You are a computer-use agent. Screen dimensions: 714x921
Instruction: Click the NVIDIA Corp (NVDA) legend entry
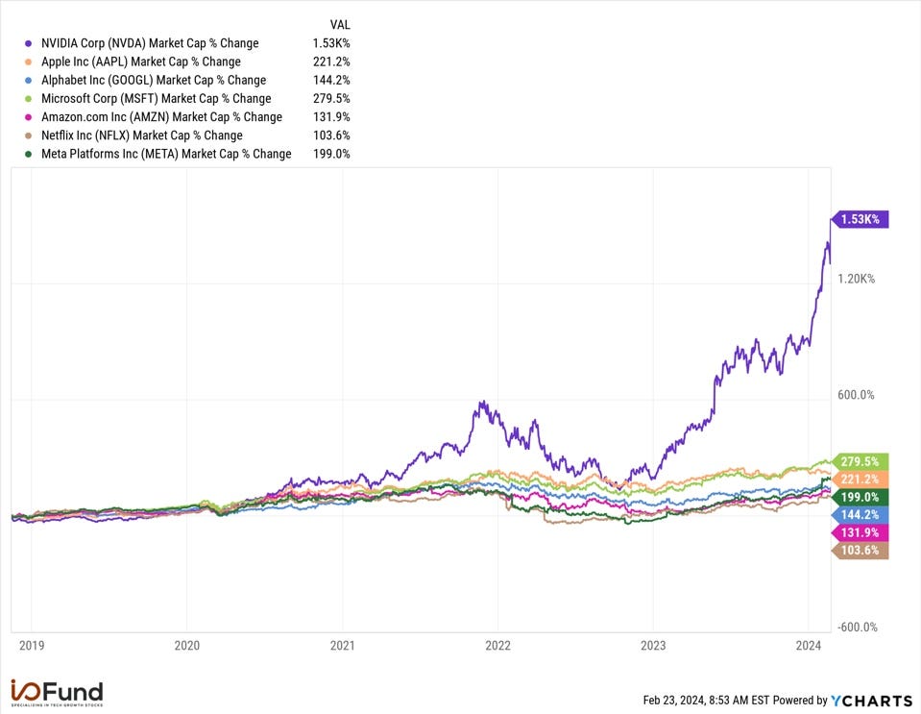pos(150,43)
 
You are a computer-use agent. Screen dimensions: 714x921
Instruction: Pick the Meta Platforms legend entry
pos(166,154)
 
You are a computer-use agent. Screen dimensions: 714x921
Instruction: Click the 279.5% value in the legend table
pos(331,98)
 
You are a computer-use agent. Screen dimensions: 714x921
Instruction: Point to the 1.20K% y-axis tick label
pos(857,279)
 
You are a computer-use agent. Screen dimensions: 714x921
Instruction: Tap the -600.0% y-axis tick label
pos(856,628)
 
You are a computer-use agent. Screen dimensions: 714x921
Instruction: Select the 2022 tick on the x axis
pos(497,646)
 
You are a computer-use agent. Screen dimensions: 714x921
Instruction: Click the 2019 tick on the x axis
pos(32,646)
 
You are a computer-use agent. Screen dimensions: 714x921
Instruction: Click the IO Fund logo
pos(57,692)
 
